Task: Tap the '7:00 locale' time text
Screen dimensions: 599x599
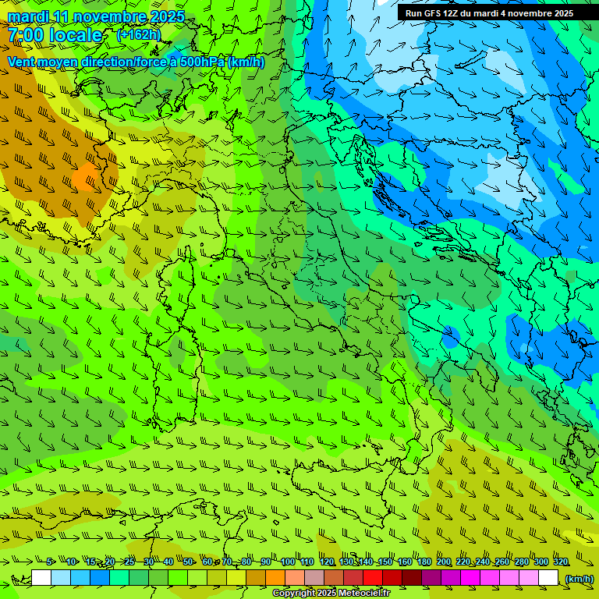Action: point(55,35)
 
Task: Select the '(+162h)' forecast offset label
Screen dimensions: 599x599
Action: point(138,35)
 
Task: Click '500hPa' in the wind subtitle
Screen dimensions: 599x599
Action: point(204,62)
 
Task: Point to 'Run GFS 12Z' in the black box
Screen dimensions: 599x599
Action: point(431,13)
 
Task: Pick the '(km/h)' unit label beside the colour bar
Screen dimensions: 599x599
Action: point(579,578)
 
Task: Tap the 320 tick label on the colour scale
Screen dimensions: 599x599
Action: point(560,562)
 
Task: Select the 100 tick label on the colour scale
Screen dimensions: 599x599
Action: point(287,562)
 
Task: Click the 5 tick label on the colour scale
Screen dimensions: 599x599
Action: point(50,562)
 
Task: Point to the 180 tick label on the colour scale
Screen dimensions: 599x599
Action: point(424,562)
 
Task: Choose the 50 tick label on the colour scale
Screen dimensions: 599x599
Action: point(188,562)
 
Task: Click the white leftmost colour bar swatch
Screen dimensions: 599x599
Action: point(41,578)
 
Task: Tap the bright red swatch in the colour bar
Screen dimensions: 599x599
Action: point(373,578)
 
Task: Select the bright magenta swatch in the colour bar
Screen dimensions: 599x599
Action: point(470,578)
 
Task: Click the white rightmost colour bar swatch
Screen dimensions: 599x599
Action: point(548,578)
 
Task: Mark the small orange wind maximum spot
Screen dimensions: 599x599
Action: point(83,179)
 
